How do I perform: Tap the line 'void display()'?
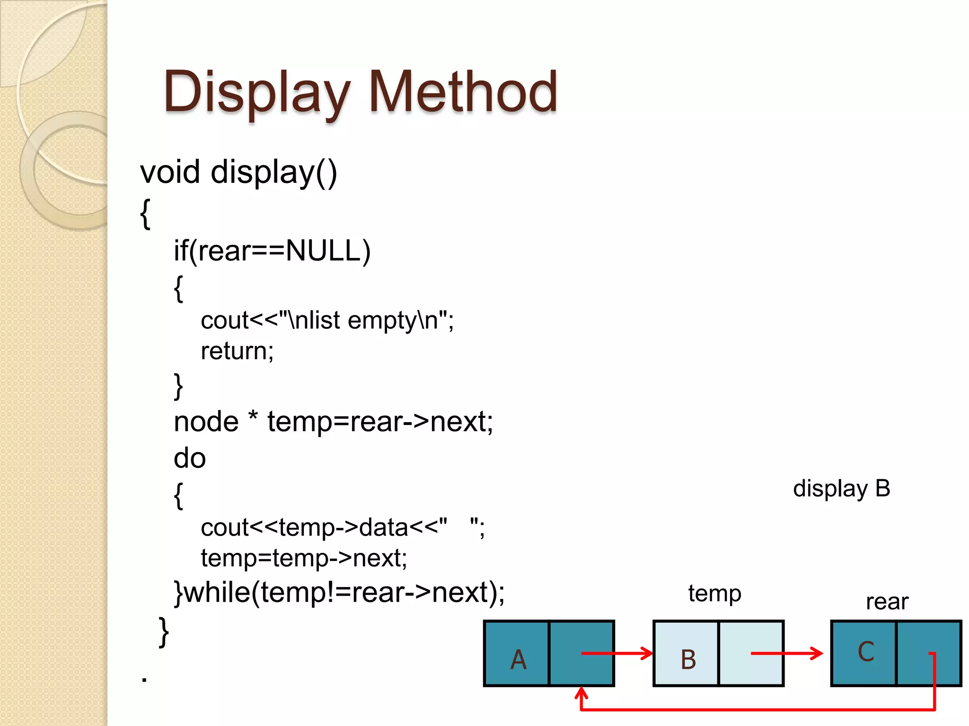[238, 172]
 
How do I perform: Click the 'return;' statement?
[237, 351]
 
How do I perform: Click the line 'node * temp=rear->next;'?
[333, 422]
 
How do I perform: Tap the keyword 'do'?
[190, 458]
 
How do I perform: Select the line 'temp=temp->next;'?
[304, 558]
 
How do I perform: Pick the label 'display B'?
[841, 489]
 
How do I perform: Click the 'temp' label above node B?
[714, 593]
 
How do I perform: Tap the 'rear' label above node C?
[887, 602]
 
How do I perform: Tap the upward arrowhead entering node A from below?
[581, 693]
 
